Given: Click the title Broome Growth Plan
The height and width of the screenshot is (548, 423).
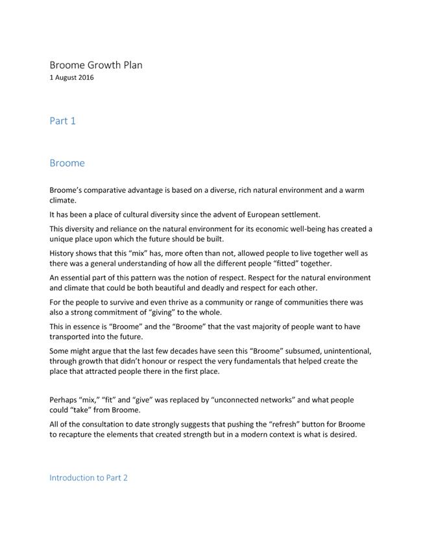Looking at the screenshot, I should coord(96,65).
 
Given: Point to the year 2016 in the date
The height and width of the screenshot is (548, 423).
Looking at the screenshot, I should coord(84,78).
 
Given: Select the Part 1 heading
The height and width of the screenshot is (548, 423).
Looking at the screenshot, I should coord(63,121).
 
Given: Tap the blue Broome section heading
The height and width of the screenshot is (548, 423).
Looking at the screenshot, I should coord(67,163).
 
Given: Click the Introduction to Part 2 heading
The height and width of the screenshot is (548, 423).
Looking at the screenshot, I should coord(88,478).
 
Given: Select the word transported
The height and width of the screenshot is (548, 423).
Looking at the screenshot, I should coord(73,337).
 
